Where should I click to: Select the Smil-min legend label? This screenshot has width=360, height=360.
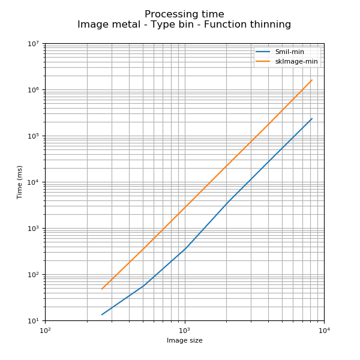click(x=290, y=52)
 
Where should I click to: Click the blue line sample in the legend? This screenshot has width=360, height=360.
click(x=263, y=52)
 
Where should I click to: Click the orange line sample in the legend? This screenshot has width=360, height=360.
click(x=263, y=61)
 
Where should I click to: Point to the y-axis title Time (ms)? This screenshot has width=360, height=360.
click(x=20, y=182)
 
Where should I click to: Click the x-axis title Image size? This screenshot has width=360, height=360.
click(x=184, y=341)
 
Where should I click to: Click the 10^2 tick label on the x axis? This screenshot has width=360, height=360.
click(x=45, y=330)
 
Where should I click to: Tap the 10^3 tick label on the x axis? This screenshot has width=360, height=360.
click(x=185, y=330)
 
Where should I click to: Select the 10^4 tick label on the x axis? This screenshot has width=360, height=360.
click(x=324, y=330)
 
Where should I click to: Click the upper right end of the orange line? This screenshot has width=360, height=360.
click(x=312, y=80)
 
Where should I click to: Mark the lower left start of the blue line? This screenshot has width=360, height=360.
click(x=102, y=314)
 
